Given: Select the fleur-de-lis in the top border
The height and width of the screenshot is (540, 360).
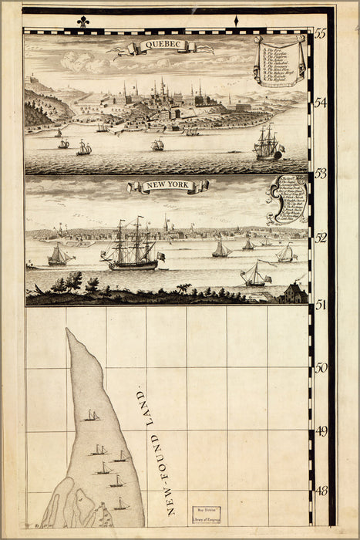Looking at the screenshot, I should (x=82, y=22).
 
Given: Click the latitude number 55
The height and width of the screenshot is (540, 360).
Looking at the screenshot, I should (x=321, y=35).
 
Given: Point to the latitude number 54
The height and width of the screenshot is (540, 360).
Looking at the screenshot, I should (x=321, y=103).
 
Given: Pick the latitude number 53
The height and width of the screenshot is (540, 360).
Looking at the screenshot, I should (x=321, y=173).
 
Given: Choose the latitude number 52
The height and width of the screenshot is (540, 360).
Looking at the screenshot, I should (x=321, y=238).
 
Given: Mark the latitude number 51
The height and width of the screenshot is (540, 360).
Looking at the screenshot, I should (x=321, y=304).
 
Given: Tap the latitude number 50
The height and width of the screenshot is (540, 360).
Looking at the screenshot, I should (x=321, y=368).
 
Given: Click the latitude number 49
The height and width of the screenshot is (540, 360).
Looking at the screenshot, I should (x=321, y=430).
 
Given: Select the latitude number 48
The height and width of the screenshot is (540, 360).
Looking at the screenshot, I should (x=321, y=490).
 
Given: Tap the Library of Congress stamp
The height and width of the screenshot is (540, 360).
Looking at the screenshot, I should (x=206, y=515).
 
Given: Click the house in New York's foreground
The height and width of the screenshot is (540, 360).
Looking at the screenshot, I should (x=294, y=292).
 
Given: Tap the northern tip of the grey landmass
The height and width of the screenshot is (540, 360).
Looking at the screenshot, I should (x=69, y=331).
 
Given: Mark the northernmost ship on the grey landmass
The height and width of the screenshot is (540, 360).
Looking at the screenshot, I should (x=93, y=416).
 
